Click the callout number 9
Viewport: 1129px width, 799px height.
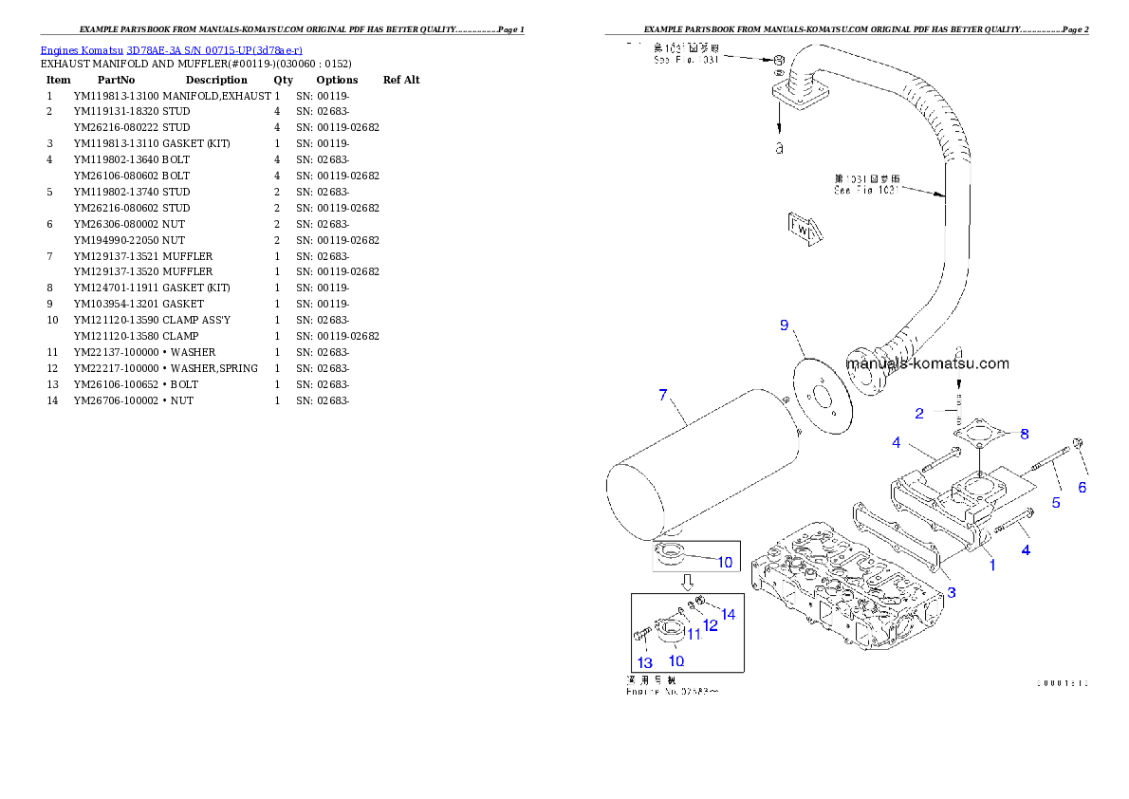(784, 325)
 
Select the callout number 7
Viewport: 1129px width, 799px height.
(663, 395)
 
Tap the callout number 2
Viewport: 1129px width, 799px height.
(919, 413)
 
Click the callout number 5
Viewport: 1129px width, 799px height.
(1056, 502)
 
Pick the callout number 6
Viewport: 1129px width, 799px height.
(1082, 488)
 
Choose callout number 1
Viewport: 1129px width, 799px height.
(992, 565)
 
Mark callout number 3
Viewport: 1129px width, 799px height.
(952, 593)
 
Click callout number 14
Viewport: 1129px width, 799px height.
(728, 614)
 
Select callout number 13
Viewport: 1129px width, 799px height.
(644, 662)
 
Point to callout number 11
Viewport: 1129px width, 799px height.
(694, 634)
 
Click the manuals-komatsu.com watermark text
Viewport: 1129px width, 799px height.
(928, 362)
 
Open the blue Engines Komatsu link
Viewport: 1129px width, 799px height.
(171, 50)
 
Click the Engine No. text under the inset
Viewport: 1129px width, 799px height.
(672, 692)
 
